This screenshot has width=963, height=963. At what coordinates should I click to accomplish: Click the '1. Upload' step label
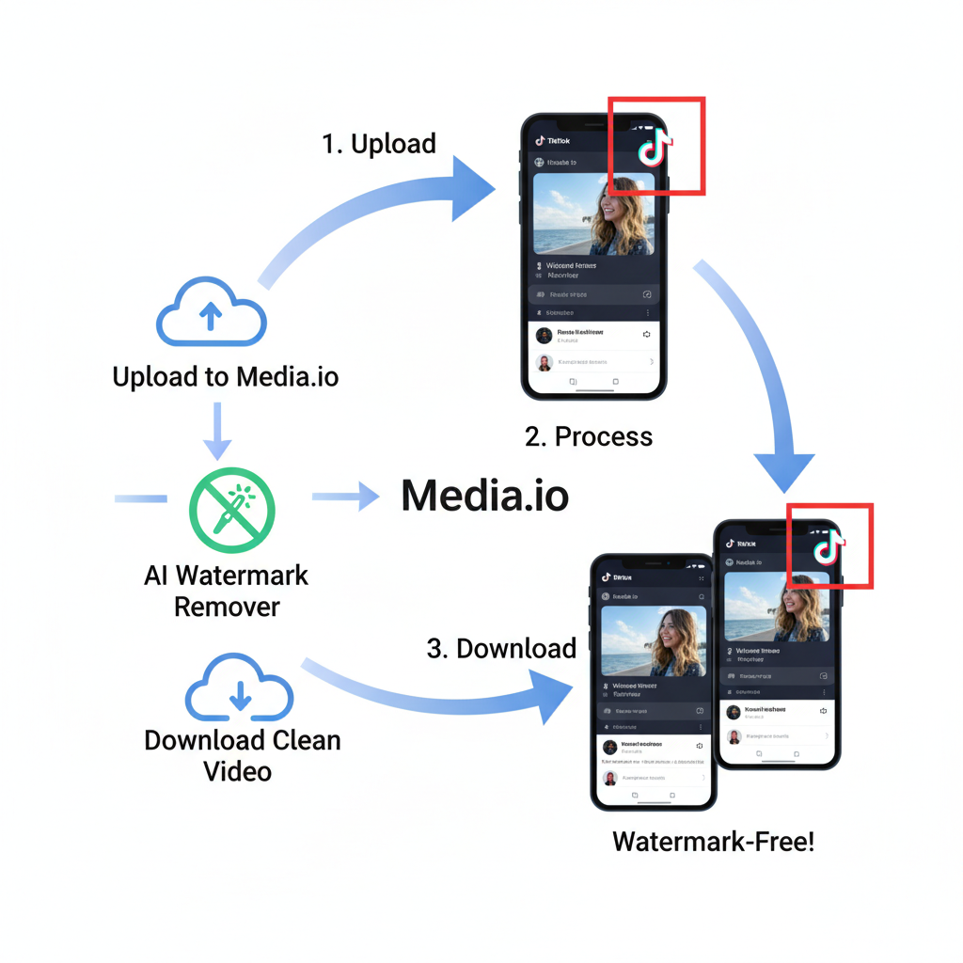click(x=379, y=144)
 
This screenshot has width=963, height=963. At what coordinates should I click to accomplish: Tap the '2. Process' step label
click(x=589, y=436)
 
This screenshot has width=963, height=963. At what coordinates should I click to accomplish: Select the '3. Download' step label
click(x=501, y=649)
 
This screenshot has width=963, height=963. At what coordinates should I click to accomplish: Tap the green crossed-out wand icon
click(x=231, y=511)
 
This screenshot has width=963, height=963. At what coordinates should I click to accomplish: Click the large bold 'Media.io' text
click(x=484, y=497)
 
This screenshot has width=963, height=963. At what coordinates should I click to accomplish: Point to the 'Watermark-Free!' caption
click(x=713, y=841)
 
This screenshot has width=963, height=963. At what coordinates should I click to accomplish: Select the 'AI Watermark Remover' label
click(x=227, y=591)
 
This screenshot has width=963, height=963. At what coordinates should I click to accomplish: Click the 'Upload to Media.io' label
click(x=226, y=377)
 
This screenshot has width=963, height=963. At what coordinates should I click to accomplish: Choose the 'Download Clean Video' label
click(x=242, y=755)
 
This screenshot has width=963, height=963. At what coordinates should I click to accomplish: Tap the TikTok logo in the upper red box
click(x=655, y=146)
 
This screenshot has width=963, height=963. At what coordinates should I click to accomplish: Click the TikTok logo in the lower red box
click(x=829, y=545)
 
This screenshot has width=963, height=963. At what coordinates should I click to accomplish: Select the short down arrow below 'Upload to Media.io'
click(x=217, y=432)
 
